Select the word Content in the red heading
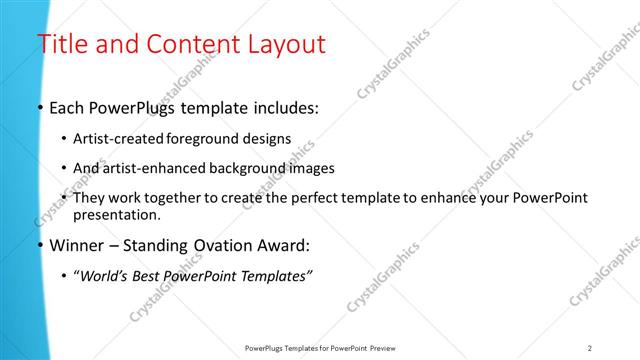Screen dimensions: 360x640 click(189, 45)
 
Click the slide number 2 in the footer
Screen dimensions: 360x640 click(589, 347)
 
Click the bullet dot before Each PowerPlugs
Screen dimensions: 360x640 click(40, 107)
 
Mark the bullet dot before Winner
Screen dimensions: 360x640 click(40, 245)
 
